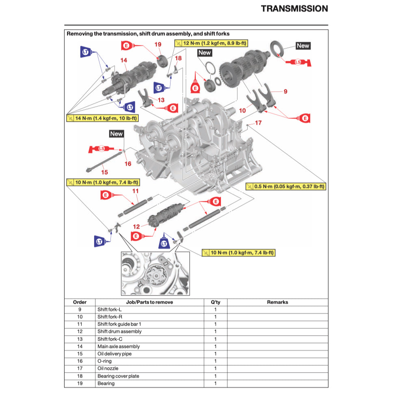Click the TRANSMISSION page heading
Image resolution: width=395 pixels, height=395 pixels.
(x=294, y=9)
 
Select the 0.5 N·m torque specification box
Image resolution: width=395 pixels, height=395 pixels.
(x=286, y=186)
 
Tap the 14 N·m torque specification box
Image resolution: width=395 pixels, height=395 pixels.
(x=102, y=118)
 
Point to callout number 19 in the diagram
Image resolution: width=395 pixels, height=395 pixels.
(x=158, y=44)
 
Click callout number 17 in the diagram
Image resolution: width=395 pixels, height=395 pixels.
(x=258, y=123)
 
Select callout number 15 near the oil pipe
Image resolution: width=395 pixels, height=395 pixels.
(x=105, y=172)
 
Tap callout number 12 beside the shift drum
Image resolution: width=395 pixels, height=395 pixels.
(x=136, y=227)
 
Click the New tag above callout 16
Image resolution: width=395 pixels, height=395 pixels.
(x=116, y=134)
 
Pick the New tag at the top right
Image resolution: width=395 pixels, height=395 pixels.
(x=303, y=45)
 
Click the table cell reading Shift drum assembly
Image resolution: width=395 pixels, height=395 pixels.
(x=119, y=331)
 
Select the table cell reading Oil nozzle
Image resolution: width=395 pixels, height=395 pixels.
(x=108, y=368)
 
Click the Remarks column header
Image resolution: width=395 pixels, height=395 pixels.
(x=277, y=302)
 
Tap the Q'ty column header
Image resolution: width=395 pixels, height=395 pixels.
(x=215, y=302)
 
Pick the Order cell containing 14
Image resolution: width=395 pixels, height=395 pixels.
(x=80, y=346)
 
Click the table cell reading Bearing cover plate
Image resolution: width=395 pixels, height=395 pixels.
(x=118, y=376)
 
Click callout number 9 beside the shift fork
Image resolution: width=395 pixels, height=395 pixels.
(x=285, y=92)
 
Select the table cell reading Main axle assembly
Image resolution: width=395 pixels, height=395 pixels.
(x=119, y=346)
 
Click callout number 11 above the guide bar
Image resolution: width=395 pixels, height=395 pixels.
(x=136, y=190)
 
